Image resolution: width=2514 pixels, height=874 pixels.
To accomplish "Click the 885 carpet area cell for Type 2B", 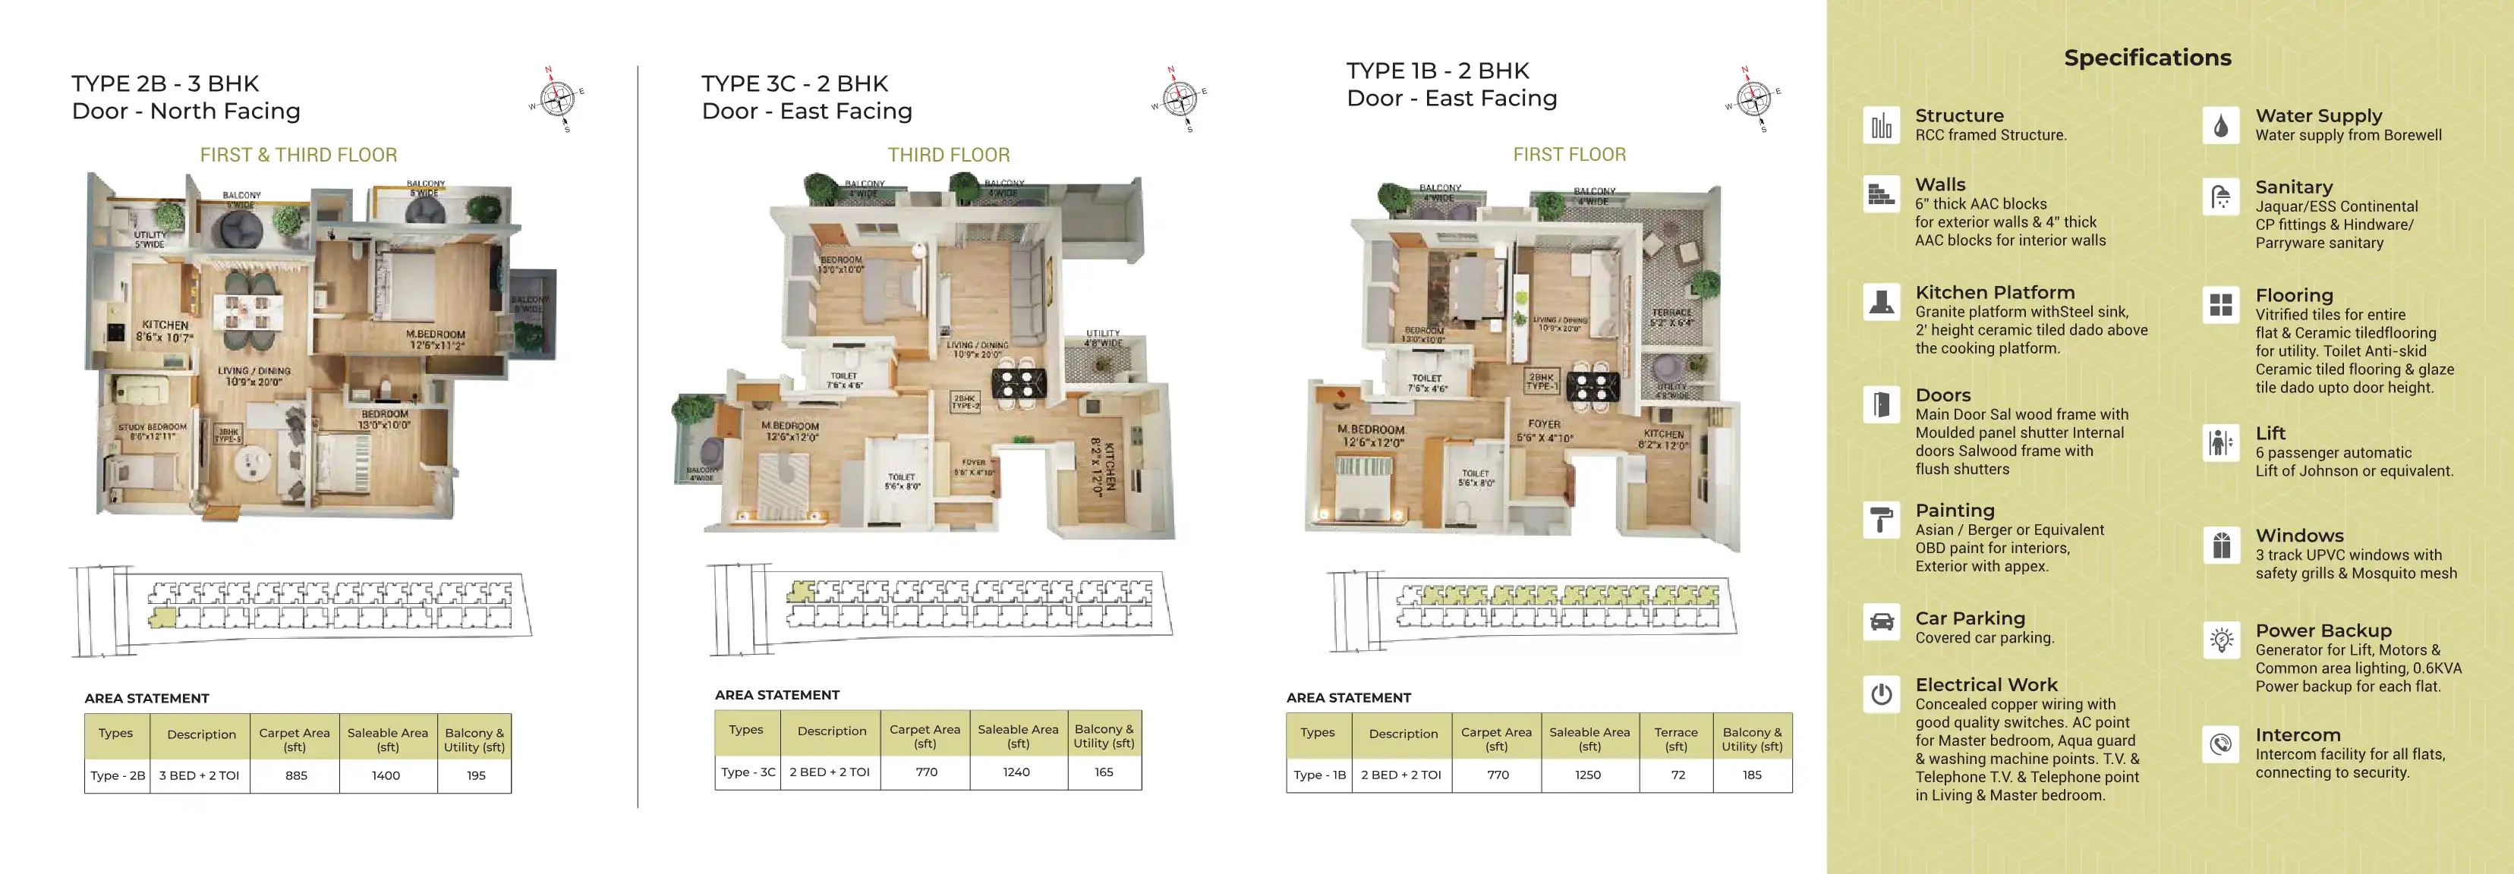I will tap(296, 775).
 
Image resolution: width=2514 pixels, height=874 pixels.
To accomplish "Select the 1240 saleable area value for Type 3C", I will tap(1016, 772).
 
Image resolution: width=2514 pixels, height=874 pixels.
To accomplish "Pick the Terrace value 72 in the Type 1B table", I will tap(1678, 775).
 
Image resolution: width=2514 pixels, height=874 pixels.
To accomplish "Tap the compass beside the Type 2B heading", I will tap(557, 98).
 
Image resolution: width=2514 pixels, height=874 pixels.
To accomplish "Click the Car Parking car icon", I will tap(1882, 622).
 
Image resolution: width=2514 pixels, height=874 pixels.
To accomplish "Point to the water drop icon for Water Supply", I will tap(2221, 126).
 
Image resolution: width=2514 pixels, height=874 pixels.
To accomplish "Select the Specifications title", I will tap(2147, 58).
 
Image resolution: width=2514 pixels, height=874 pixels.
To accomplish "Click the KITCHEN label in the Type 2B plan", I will tap(165, 325).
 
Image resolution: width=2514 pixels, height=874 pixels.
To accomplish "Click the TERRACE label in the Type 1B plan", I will tap(1671, 312).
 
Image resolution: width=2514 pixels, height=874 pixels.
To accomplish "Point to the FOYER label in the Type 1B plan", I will tap(1544, 424).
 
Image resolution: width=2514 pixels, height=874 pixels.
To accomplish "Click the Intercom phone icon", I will tap(2221, 744).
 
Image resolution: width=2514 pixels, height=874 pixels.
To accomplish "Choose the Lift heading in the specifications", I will tap(2270, 433).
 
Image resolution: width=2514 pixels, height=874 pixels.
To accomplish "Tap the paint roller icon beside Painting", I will tap(1882, 520).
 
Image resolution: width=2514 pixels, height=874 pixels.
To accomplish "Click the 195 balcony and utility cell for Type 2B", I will tap(475, 775).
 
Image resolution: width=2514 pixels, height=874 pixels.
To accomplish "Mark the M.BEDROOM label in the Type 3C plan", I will tap(790, 426).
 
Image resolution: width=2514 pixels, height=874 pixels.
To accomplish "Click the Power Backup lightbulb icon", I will tap(2221, 640).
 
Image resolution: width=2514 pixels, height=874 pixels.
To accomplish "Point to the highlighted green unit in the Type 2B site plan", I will tap(162, 618).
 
